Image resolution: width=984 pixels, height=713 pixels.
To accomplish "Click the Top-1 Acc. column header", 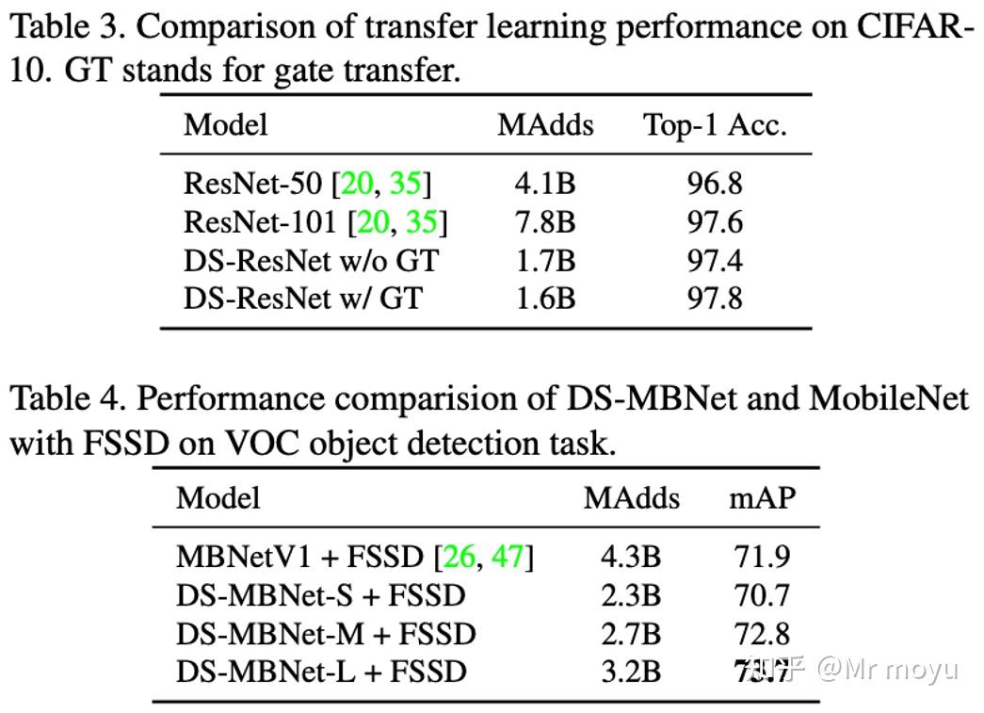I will (x=714, y=125).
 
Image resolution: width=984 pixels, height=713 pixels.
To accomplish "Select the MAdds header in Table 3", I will (x=545, y=125).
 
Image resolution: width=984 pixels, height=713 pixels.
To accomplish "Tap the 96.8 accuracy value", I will (x=714, y=183).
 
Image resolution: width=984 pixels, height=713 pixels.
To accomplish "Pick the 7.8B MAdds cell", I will (x=545, y=221).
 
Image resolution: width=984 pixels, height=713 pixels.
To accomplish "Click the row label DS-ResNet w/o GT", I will (x=311, y=260).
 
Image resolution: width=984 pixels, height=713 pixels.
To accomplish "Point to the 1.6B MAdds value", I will (x=545, y=299).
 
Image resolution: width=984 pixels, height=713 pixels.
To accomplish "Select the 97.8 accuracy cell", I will (x=714, y=299).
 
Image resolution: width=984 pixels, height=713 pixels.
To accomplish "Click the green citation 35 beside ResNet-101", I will (x=421, y=221).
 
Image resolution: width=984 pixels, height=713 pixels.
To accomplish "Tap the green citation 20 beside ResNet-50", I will (x=357, y=183).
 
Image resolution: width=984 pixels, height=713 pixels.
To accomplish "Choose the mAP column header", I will (x=762, y=497).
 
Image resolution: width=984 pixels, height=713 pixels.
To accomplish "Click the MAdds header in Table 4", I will (x=631, y=497).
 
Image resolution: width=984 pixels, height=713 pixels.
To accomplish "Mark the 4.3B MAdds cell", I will (x=631, y=557).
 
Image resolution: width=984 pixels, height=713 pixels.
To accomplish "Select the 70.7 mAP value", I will (x=762, y=595).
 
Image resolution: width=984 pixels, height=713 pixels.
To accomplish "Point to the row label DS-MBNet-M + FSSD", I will (x=326, y=634).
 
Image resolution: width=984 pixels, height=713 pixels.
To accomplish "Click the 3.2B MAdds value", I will (x=631, y=672).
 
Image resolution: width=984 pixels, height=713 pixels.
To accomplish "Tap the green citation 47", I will (x=508, y=557).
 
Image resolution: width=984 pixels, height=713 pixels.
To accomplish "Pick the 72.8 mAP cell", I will (x=762, y=634).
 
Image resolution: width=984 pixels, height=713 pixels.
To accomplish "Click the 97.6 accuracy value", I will (x=714, y=221).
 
